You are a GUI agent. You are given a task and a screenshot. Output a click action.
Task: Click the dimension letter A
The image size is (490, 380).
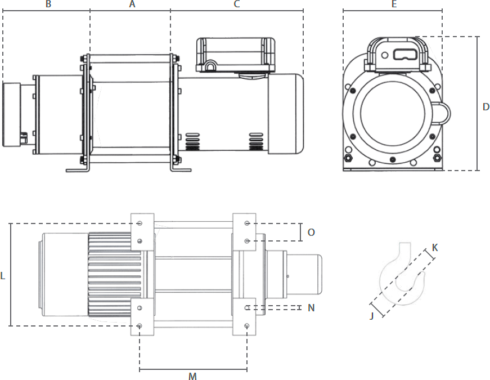(132, 5)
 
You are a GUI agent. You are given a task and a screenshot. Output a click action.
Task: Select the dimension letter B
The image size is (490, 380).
(48, 5)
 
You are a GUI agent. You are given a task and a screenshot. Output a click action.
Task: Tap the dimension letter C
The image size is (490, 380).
(237, 5)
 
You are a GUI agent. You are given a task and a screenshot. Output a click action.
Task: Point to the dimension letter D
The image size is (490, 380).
(486, 107)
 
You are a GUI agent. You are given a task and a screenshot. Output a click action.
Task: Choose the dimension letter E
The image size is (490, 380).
(394, 5)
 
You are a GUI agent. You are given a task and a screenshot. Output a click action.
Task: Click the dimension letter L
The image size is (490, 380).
(3, 276)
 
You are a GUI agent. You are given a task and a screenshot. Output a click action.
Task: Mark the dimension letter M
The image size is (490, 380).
(192, 376)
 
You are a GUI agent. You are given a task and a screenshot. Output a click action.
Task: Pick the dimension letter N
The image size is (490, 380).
(311, 308)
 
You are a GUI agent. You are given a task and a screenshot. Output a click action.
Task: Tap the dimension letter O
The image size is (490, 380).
(311, 232)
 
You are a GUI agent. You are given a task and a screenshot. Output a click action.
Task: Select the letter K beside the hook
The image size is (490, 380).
(435, 248)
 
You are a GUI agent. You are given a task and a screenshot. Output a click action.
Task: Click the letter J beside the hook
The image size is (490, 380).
(372, 316)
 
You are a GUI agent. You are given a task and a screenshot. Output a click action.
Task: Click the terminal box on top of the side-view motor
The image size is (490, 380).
(236, 55)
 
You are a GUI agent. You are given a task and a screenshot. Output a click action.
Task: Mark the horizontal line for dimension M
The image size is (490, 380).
(192, 370)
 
